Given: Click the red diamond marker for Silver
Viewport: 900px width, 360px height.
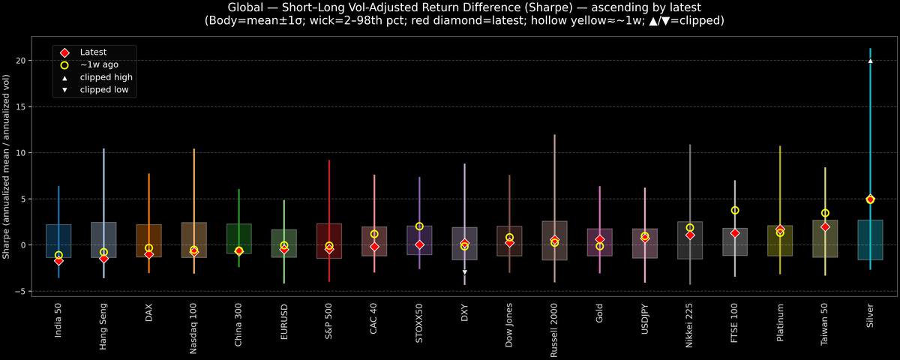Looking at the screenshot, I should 870,199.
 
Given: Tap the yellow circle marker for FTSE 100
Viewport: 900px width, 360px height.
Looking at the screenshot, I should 735,211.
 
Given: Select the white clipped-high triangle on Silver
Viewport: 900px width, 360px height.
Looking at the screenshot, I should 870,61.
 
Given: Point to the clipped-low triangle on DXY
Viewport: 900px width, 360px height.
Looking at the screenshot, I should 464,271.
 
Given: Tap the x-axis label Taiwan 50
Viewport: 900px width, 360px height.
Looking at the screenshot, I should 825,323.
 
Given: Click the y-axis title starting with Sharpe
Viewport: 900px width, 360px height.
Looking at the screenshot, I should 7,166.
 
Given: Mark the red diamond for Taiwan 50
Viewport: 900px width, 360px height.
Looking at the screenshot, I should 825,226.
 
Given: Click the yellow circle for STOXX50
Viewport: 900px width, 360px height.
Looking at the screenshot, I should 419,226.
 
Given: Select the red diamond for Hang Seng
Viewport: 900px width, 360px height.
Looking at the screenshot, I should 103,259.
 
